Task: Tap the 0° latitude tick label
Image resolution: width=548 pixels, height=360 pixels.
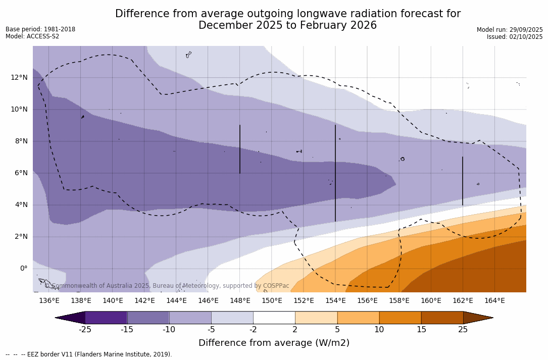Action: click(23, 269)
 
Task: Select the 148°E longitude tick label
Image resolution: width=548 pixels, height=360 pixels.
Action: click(240, 301)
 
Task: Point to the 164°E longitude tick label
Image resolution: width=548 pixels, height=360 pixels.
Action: click(494, 301)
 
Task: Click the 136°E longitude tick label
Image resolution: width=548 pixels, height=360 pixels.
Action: click(49, 301)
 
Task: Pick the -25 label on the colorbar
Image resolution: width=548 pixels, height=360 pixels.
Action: click(85, 330)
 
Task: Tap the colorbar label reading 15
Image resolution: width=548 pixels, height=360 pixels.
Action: click(421, 330)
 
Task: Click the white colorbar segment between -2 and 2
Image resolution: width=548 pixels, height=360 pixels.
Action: click(274, 318)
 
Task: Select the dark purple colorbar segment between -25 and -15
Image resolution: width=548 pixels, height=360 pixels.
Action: click(106, 318)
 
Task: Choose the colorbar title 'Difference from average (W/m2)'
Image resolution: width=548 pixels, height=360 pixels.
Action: click(274, 343)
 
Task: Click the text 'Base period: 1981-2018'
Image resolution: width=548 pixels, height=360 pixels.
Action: click(40, 29)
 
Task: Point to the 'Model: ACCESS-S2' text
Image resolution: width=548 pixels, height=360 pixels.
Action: click(32, 36)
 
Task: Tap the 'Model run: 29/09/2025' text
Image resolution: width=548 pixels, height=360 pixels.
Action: click(510, 30)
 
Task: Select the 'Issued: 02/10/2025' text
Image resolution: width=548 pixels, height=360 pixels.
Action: click(515, 37)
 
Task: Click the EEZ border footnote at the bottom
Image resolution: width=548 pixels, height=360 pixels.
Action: click(89, 354)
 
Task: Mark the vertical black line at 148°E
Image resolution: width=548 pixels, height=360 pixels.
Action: click(240, 149)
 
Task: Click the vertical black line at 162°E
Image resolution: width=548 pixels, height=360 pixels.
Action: click(463, 181)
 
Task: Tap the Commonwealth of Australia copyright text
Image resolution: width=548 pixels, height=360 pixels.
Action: click(167, 286)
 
